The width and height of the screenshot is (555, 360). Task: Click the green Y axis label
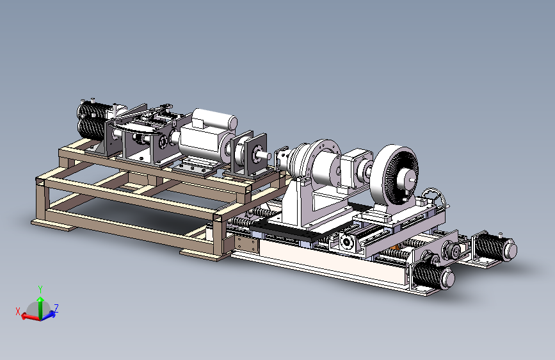coord(40,290)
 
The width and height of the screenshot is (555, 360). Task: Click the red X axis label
coord(18,311)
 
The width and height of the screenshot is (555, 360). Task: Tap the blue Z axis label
coord(56,307)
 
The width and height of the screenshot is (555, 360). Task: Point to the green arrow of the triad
coord(40,307)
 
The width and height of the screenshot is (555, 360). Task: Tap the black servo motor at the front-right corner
coord(433,276)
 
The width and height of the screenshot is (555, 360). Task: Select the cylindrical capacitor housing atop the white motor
coord(214,118)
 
